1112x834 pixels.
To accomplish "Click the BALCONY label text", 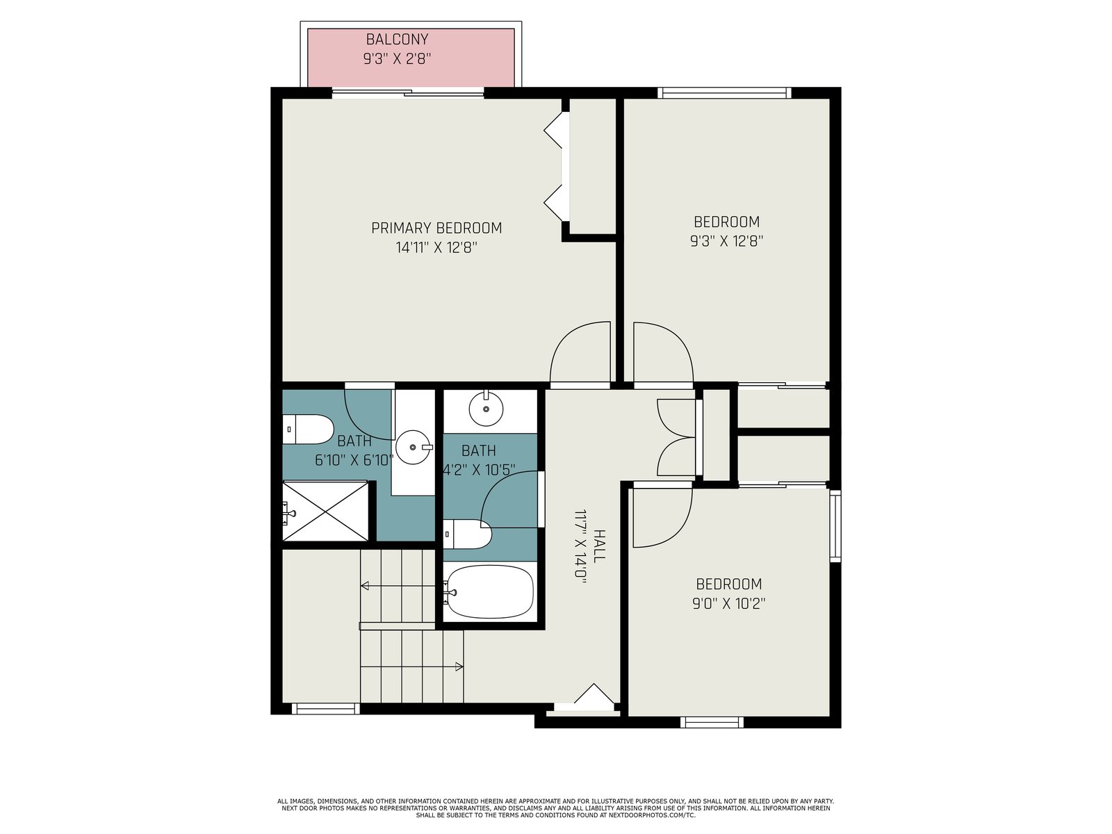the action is pyautogui.click(x=397, y=39).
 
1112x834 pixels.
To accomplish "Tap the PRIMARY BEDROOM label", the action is pyautogui.click(x=436, y=228).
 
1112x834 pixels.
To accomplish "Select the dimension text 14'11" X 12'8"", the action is pyautogui.click(x=436, y=247).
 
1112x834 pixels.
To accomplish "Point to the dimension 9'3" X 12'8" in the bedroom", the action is pyautogui.click(x=726, y=241).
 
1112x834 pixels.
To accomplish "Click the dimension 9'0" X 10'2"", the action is pyautogui.click(x=728, y=603).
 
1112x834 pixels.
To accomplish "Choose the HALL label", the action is pyautogui.click(x=599, y=546).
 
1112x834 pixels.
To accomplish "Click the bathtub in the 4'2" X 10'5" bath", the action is pyautogui.click(x=491, y=592).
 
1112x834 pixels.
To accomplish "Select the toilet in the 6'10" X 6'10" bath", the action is pyautogui.click(x=307, y=430).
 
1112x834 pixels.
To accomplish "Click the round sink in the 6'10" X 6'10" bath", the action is pyautogui.click(x=414, y=447).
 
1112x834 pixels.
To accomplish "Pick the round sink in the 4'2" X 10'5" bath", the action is pyautogui.click(x=486, y=408).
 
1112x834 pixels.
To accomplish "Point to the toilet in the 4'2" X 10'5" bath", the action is pyautogui.click(x=467, y=534).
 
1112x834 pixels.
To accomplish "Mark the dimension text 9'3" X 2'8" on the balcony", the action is pyautogui.click(x=397, y=59).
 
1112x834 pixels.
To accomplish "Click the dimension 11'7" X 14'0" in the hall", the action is pyautogui.click(x=580, y=546).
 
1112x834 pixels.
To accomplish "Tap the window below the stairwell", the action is pyautogui.click(x=326, y=708).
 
